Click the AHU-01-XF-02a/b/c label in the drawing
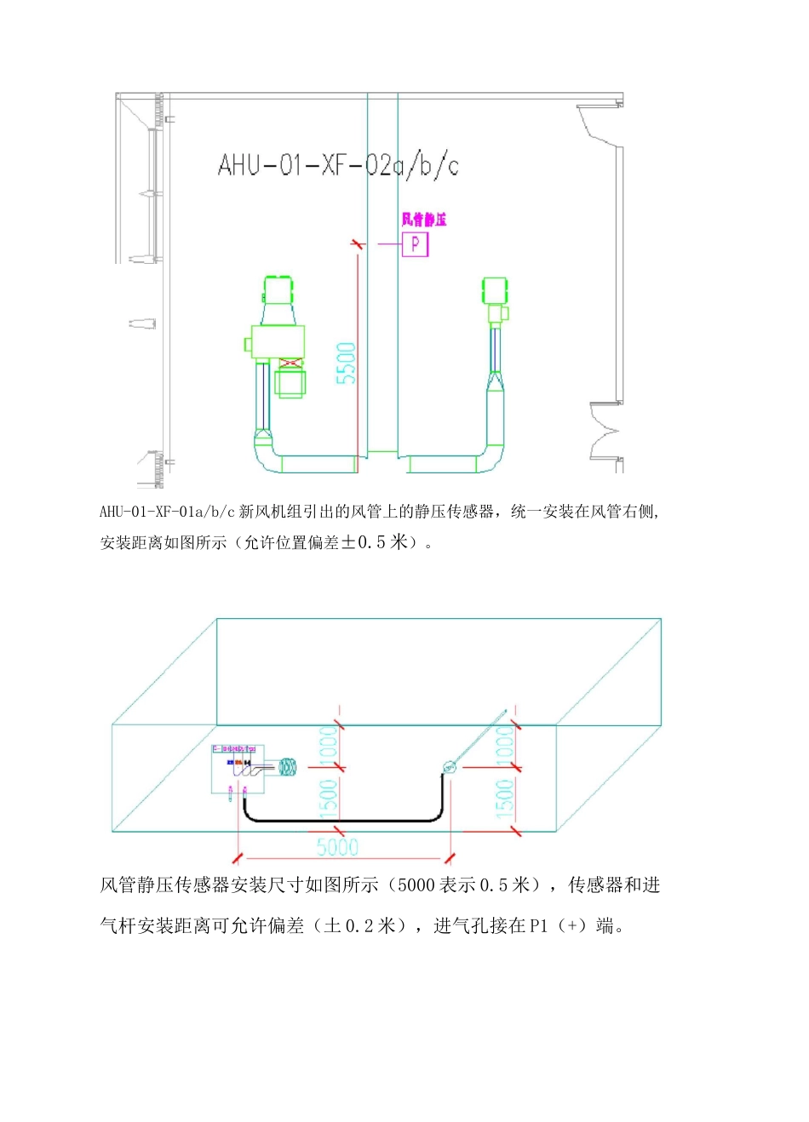pyautogui.click(x=338, y=164)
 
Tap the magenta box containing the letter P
pyautogui.click(x=415, y=244)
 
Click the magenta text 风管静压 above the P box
pyautogui.click(x=423, y=220)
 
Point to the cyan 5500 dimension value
pyautogui.click(x=346, y=363)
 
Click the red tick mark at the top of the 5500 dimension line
pyautogui.click(x=358, y=244)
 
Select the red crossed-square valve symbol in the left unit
pyautogui.click(x=290, y=364)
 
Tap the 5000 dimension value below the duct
pyautogui.click(x=337, y=847)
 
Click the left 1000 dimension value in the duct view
pyautogui.click(x=329, y=744)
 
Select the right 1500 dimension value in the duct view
pyautogui.click(x=504, y=799)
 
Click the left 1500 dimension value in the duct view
pyautogui.click(x=329, y=799)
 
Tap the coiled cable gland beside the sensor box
pyautogui.click(x=288, y=768)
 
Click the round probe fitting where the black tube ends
pyautogui.click(x=449, y=768)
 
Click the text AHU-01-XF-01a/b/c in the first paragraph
pyautogui.click(x=167, y=512)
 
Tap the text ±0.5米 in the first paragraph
pyautogui.click(x=375, y=542)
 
